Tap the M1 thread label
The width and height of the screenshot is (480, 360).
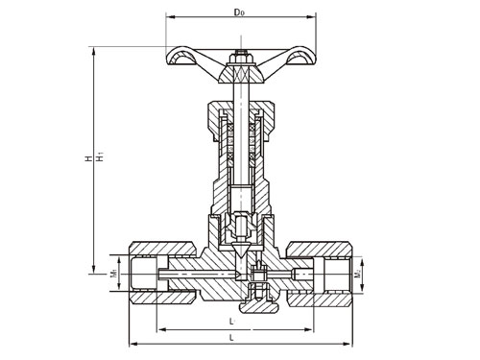(113, 276)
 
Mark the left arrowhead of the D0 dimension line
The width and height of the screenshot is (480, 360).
(170, 16)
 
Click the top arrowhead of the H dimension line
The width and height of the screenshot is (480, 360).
(94, 47)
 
